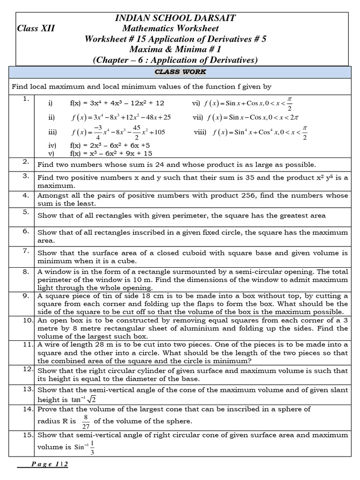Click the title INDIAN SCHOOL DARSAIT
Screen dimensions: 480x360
click(x=175, y=18)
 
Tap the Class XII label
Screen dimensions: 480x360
click(x=36, y=29)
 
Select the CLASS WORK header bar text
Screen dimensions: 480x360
click(x=180, y=72)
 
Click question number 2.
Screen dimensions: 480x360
click(x=26, y=162)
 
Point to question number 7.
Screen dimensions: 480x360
click(x=26, y=251)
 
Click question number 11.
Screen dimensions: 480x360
click(x=26, y=344)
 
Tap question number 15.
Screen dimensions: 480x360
click(x=26, y=435)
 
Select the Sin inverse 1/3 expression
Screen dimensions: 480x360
click(x=84, y=446)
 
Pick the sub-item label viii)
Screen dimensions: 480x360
click(x=200, y=133)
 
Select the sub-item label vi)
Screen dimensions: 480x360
click(x=196, y=103)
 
